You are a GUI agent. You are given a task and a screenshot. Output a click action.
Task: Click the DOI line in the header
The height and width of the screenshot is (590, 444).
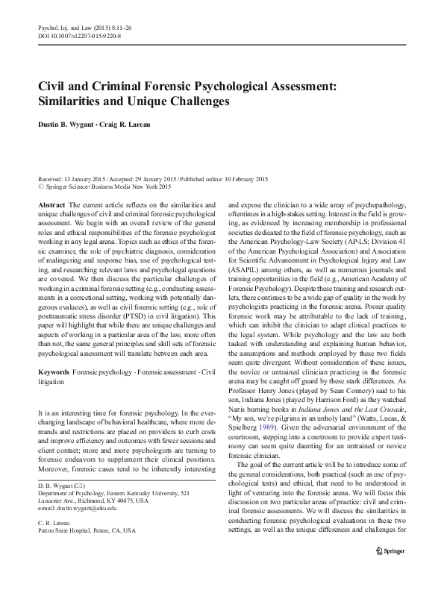tap(79, 36)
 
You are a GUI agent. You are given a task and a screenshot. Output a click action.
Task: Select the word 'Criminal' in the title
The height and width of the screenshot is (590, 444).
tap(125, 87)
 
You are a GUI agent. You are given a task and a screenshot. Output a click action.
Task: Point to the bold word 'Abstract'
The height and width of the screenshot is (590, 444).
tap(51, 204)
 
